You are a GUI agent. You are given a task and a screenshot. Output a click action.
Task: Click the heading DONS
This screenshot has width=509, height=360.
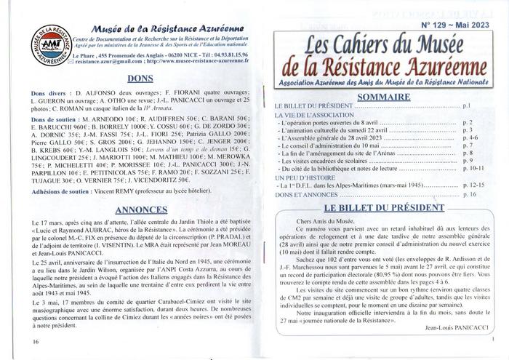click(139, 79)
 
